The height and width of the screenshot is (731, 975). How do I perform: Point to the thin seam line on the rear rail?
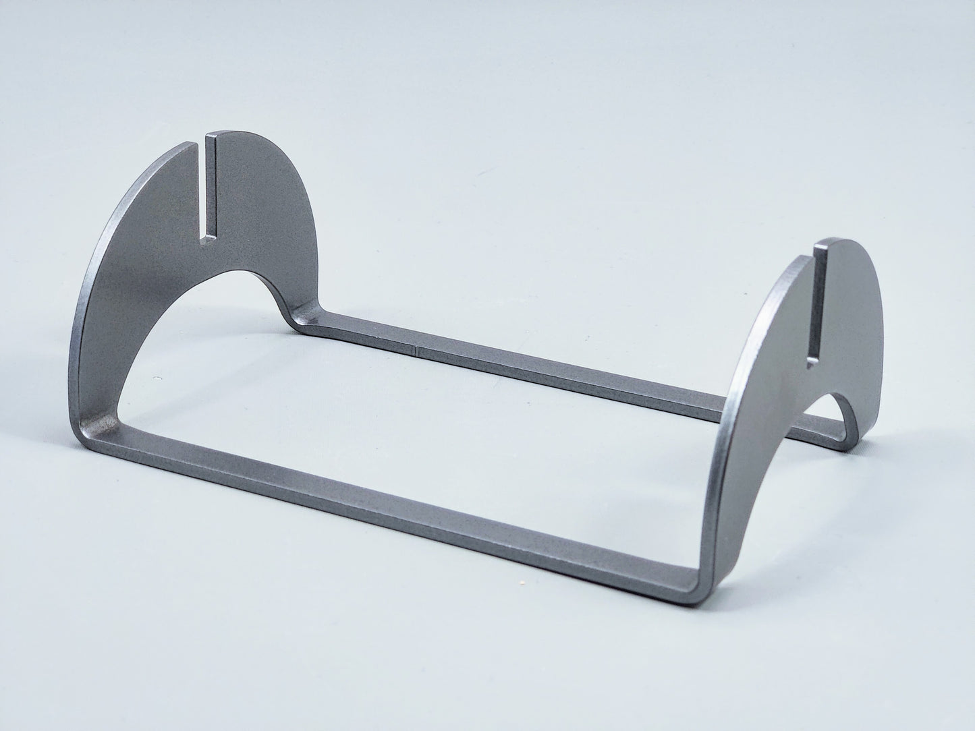(418, 350)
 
